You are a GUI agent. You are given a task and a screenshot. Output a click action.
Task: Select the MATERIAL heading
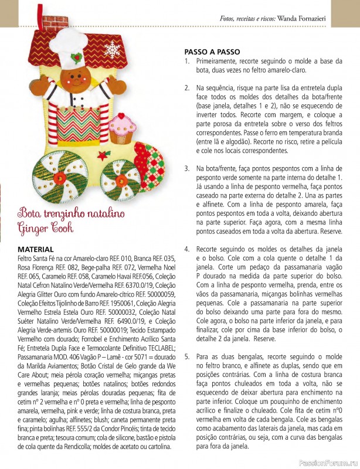click(x=36, y=249)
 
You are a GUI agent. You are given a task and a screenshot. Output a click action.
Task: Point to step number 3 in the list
click(x=186, y=168)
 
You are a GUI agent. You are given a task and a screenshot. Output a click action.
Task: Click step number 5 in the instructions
click(x=186, y=356)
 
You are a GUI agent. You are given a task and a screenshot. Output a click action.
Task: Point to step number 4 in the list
click(x=186, y=249)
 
